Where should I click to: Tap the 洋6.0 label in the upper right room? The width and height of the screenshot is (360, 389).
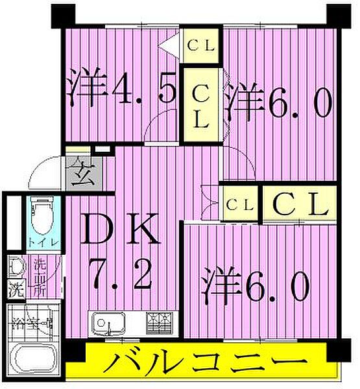click(278, 102)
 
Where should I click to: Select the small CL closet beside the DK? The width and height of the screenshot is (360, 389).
click(239, 204)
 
